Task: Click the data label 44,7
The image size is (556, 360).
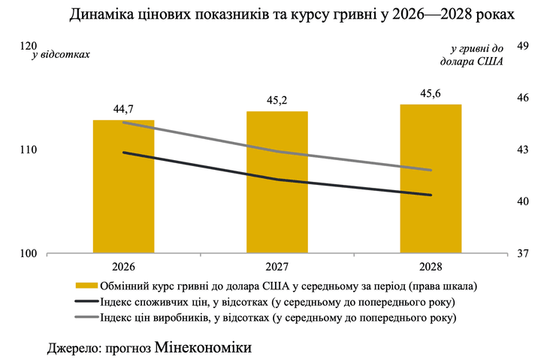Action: click(x=123, y=109)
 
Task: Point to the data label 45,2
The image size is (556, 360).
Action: click(x=277, y=100)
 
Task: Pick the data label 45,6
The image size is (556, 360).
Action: click(x=431, y=93)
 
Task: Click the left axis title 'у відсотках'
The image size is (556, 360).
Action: click(x=61, y=55)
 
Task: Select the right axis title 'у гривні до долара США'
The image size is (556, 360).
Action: click(x=472, y=55)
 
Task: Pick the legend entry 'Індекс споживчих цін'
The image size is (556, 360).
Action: click(x=165, y=302)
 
